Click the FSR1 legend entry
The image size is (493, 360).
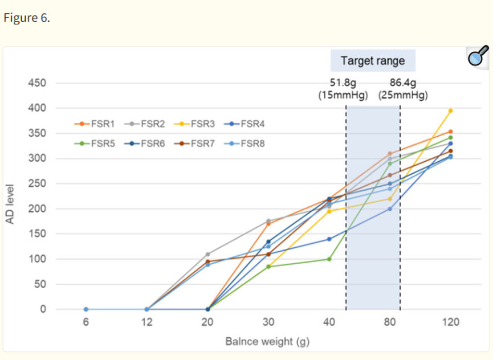click(94, 124)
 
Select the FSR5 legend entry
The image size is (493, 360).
click(94, 144)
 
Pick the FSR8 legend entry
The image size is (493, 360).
click(245, 144)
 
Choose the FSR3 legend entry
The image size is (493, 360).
click(194, 124)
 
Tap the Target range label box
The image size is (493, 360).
click(373, 60)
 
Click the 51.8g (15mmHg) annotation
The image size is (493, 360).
click(343, 89)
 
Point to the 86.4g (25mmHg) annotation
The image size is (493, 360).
click(403, 89)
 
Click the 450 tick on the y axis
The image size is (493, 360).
click(37, 83)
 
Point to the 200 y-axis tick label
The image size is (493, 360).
click(37, 208)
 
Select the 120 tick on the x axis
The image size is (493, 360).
click(451, 322)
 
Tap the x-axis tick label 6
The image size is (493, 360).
click(86, 322)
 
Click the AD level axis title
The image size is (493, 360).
click(10, 204)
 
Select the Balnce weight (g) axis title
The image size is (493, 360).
click(267, 341)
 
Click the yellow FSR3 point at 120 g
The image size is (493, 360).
click(451, 111)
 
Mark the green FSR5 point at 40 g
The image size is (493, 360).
click(329, 259)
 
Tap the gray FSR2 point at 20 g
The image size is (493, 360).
click(207, 254)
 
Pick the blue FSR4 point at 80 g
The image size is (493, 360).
click(390, 209)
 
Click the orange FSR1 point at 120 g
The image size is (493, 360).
click(451, 132)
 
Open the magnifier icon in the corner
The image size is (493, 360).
click(478, 57)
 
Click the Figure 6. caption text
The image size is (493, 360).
click(27, 18)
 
